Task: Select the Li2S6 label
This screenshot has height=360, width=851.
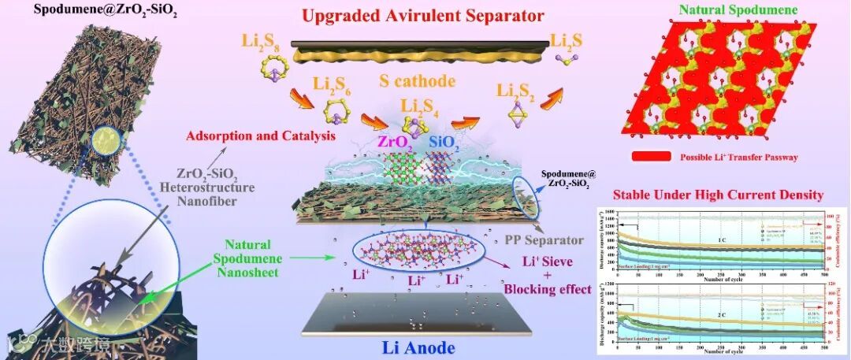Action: tap(332, 83)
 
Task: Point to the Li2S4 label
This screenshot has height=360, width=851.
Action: tap(421, 106)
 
